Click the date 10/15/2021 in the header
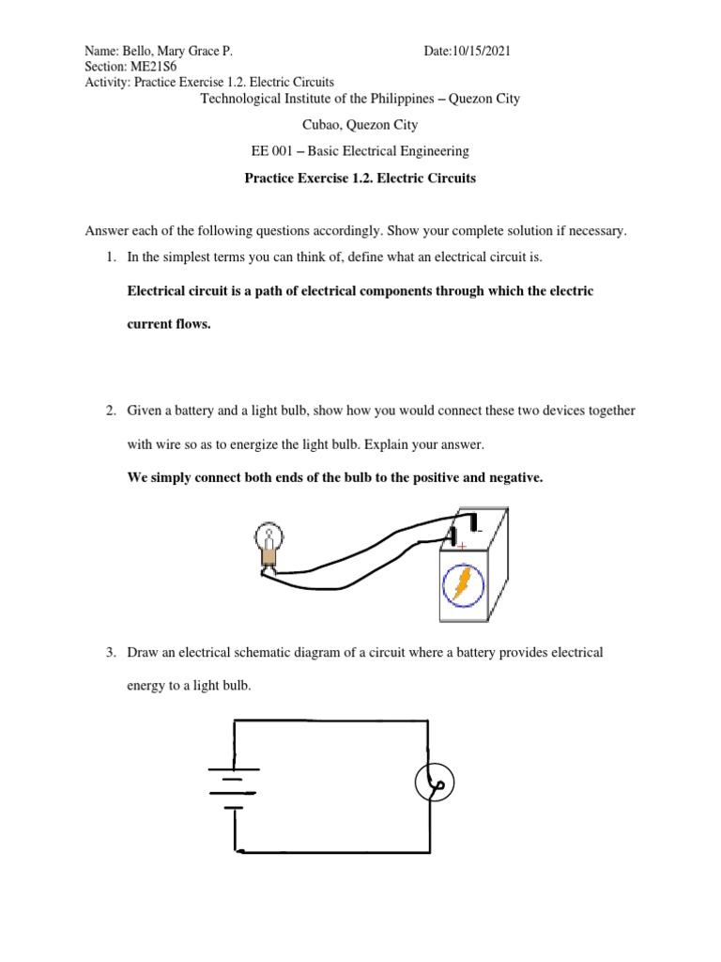click(x=481, y=52)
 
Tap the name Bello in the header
click(x=140, y=52)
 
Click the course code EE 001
click(x=268, y=150)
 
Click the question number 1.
click(x=110, y=256)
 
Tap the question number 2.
click(x=110, y=411)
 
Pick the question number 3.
click(x=110, y=652)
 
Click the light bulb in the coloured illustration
click(x=268, y=544)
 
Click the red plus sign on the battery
click(x=462, y=546)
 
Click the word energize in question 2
click(x=237, y=444)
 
